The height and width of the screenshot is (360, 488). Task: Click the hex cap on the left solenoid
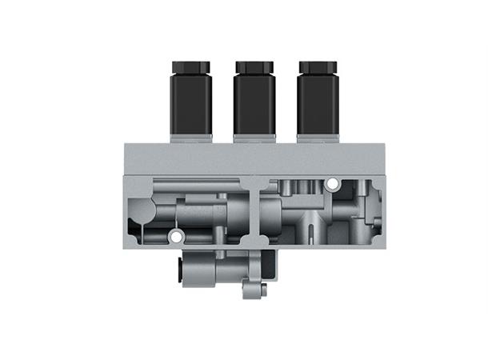190,66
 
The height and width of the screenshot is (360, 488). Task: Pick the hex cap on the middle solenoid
254,66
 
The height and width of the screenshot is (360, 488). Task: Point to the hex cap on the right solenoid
318,66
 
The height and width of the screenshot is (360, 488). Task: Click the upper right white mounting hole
331,185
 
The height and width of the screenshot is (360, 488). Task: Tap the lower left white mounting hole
175,237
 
